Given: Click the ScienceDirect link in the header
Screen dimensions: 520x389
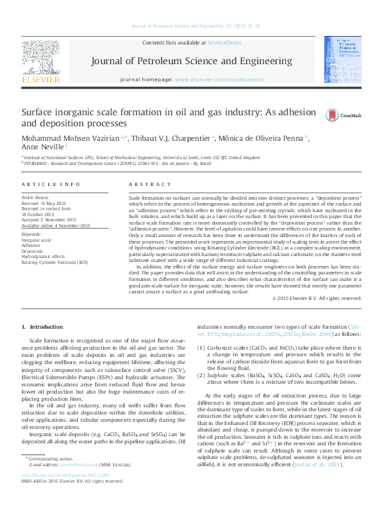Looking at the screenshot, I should point(224,43).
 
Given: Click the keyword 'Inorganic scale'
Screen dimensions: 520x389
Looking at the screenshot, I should point(37,240).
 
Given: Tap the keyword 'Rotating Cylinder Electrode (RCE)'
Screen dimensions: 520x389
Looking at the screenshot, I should point(54,262).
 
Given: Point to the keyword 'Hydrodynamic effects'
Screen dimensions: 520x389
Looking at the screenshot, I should point(44,257).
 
